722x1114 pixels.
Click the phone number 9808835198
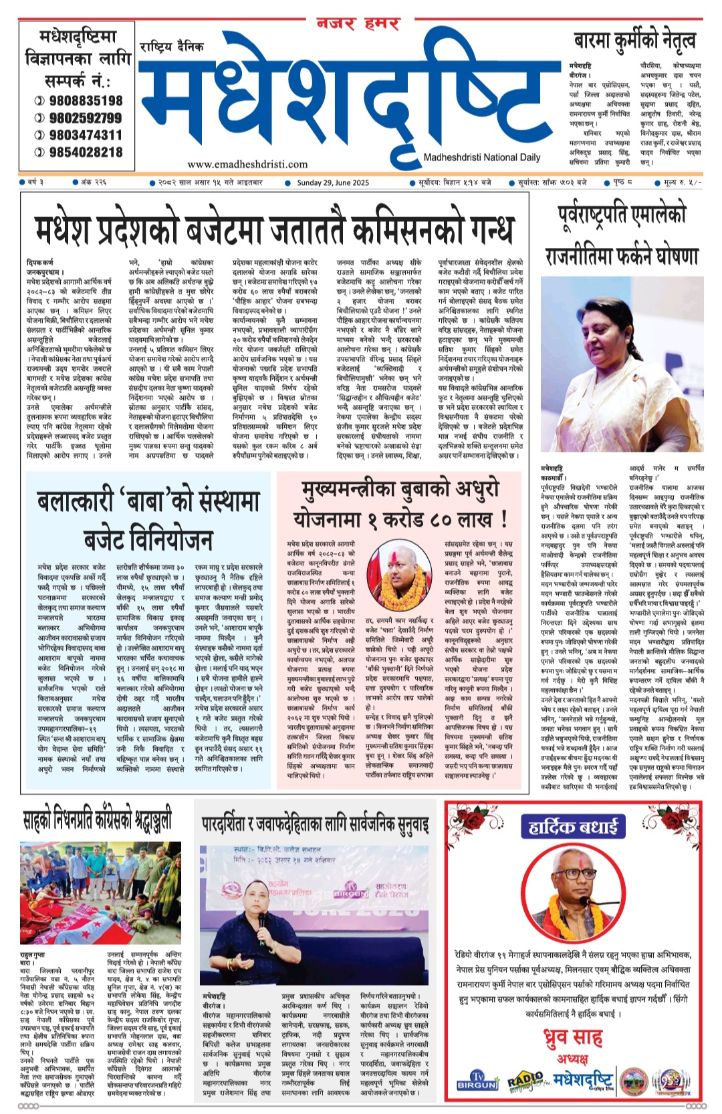tap(85, 101)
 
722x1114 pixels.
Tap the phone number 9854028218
tap(85, 152)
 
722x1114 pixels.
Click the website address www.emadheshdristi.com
tap(238, 164)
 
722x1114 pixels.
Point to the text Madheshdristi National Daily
tap(481, 158)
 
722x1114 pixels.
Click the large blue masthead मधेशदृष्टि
tap(341, 100)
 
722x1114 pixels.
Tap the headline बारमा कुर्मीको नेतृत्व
tap(634, 41)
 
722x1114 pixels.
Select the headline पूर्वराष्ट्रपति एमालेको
tap(622, 215)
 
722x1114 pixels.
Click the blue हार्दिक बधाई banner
tap(573, 827)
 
